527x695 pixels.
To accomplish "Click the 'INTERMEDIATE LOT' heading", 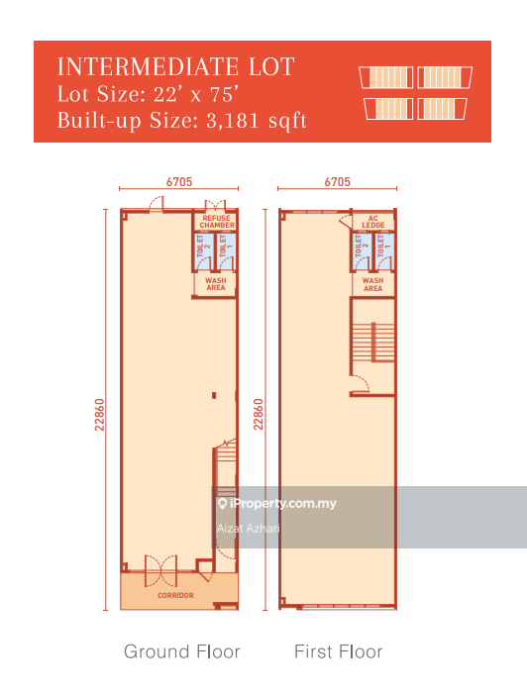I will pyautogui.click(x=176, y=67).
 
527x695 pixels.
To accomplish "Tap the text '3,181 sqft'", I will pyautogui.click(x=258, y=121).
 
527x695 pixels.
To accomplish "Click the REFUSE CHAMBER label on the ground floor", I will pyautogui.click(x=217, y=222).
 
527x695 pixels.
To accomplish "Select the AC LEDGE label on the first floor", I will pyautogui.click(x=372, y=222).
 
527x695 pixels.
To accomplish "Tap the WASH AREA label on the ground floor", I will pyautogui.click(x=215, y=285).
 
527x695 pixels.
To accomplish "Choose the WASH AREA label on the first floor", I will pyautogui.click(x=372, y=285).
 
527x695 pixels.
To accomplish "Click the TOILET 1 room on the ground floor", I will pyautogui.click(x=227, y=251).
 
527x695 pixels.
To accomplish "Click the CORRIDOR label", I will pyautogui.click(x=175, y=595).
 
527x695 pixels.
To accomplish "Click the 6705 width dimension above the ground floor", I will pyautogui.click(x=178, y=182).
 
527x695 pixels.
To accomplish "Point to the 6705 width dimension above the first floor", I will pyautogui.click(x=337, y=182).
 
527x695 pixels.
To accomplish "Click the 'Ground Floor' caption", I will pyautogui.click(x=181, y=651).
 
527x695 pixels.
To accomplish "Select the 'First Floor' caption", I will pyautogui.click(x=338, y=651).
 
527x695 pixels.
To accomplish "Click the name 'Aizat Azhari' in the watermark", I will pyautogui.click(x=248, y=528).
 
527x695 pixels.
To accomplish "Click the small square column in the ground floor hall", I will pyautogui.click(x=212, y=396).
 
